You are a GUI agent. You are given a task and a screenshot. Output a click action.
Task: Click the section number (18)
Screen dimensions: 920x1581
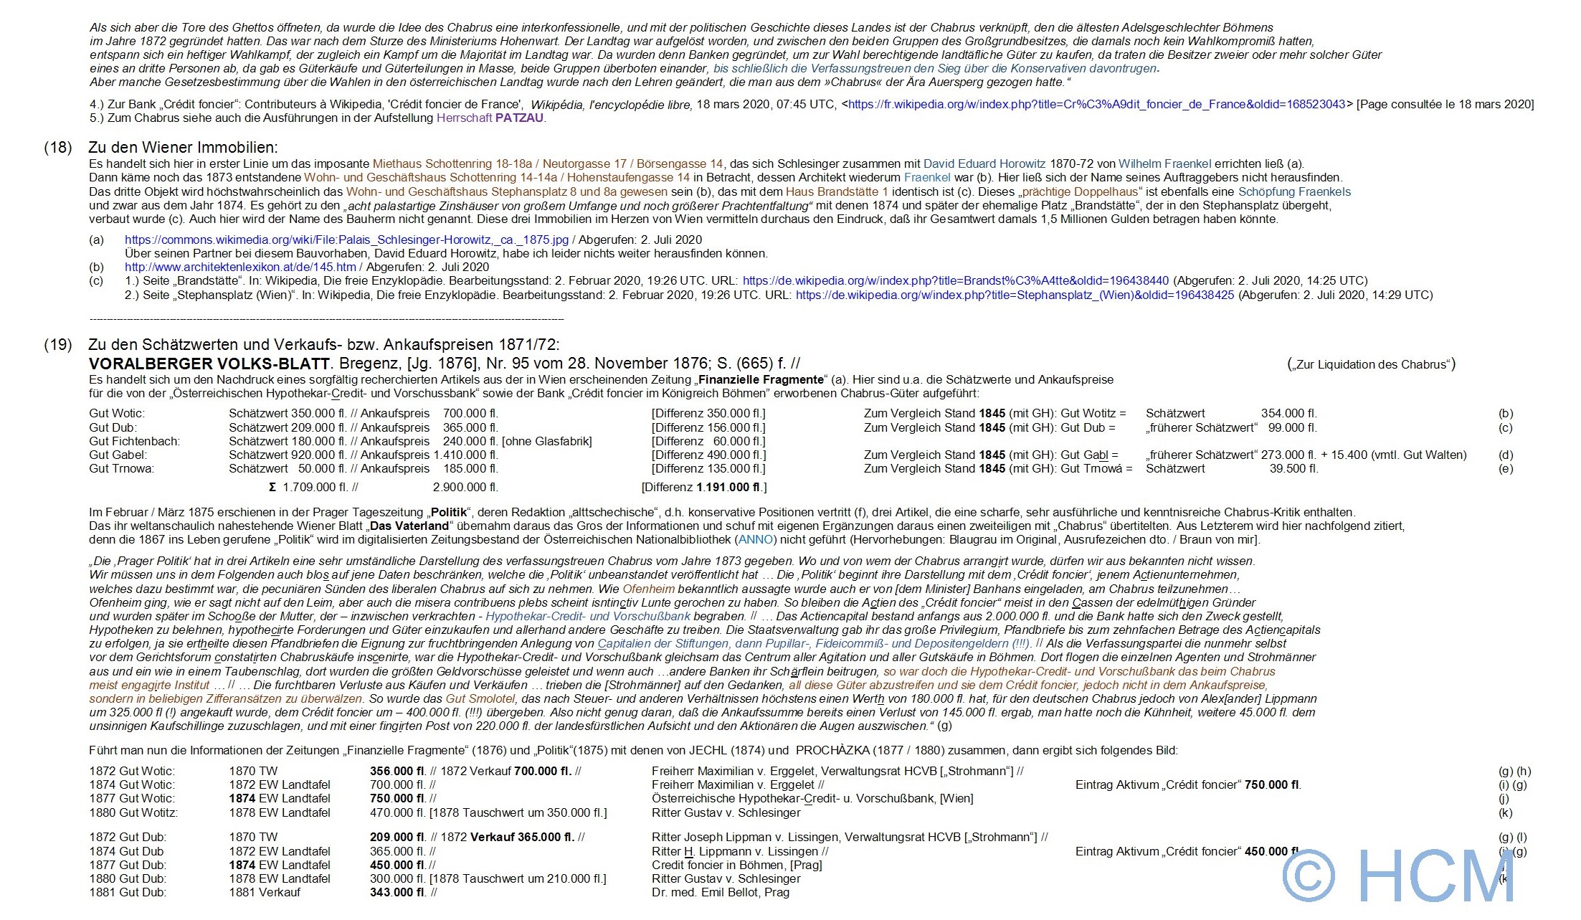(x=58, y=148)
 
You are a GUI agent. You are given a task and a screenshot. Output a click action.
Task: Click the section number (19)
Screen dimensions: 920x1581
(x=58, y=344)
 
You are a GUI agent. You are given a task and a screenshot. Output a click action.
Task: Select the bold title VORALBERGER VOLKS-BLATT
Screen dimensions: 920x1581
(x=209, y=364)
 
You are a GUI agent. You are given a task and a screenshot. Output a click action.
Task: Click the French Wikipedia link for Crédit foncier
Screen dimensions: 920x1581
(x=1097, y=104)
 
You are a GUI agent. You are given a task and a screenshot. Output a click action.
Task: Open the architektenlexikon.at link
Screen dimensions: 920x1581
(x=240, y=267)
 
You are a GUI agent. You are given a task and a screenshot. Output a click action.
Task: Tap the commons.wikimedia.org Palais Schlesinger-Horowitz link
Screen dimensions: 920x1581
(x=346, y=240)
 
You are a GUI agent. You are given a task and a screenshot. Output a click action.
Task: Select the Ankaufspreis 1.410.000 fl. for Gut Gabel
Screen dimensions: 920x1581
(x=465, y=455)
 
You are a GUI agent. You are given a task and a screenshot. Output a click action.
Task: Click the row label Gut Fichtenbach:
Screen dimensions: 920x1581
(x=135, y=441)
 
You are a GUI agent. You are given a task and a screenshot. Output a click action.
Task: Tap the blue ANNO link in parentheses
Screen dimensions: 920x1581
(x=756, y=539)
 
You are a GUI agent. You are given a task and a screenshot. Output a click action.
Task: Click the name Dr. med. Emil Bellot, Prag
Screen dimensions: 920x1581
(x=720, y=892)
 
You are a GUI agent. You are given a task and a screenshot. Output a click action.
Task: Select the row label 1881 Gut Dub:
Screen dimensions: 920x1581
(x=128, y=892)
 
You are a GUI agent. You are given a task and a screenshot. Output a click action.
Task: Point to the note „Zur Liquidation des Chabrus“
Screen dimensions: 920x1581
(x=1371, y=364)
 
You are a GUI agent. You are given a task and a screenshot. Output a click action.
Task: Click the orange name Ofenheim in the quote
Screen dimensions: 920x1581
(x=648, y=589)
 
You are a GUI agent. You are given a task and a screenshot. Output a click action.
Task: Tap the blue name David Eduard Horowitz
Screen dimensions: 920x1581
(x=984, y=163)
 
